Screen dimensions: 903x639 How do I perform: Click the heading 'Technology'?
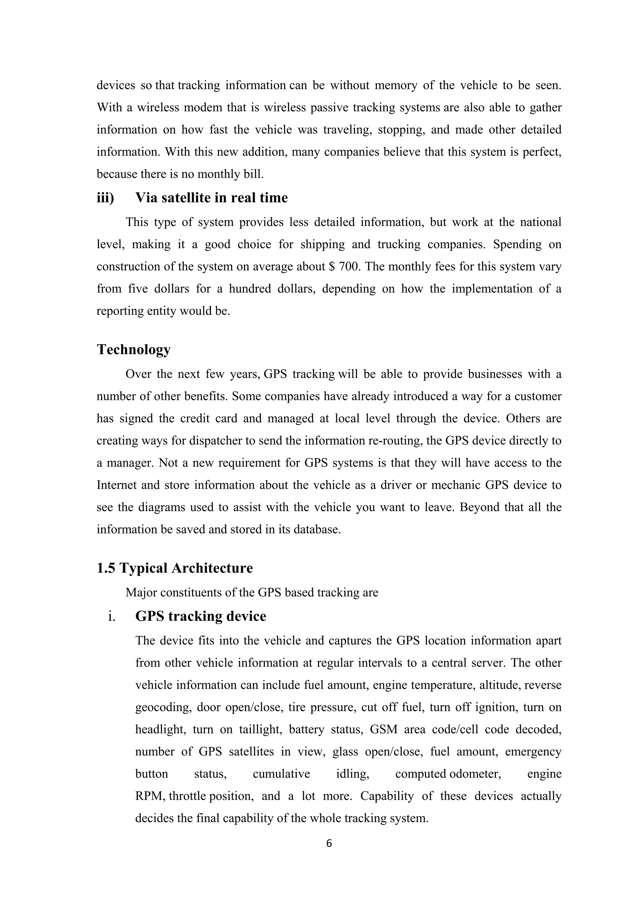click(134, 349)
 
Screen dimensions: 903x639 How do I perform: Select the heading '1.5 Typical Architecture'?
click(174, 568)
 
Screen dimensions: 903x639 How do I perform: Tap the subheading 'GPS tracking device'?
click(201, 616)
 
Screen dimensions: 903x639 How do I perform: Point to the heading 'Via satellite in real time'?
click(211, 197)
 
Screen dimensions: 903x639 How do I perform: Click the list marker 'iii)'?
click(105, 197)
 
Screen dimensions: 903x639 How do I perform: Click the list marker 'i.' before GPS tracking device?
click(111, 616)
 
